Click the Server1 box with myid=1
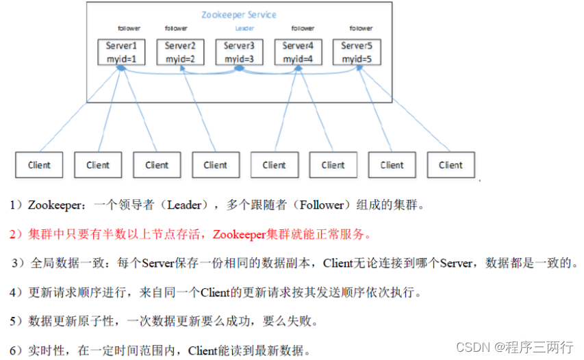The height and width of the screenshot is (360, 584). (x=121, y=53)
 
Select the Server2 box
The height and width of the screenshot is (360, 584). (x=180, y=53)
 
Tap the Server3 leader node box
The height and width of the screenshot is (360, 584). (x=239, y=53)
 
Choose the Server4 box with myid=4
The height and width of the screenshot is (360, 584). (x=298, y=53)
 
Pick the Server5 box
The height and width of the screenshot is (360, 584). (x=357, y=53)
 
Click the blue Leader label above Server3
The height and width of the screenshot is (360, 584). (x=244, y=29)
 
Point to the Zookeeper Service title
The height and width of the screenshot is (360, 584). (x=240, y=14)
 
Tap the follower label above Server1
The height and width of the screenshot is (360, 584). (x=128, y=29)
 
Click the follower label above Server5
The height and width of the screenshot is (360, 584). (x=361, y=29)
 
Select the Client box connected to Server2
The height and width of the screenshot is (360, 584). (x=215, y=165)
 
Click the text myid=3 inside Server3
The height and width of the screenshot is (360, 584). (x=239, y=60)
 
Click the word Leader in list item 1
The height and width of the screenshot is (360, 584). (x=185, y=205)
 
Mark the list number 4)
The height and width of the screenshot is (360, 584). (x=16, y=292)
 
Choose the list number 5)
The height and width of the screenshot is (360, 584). (x=16, y=321)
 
